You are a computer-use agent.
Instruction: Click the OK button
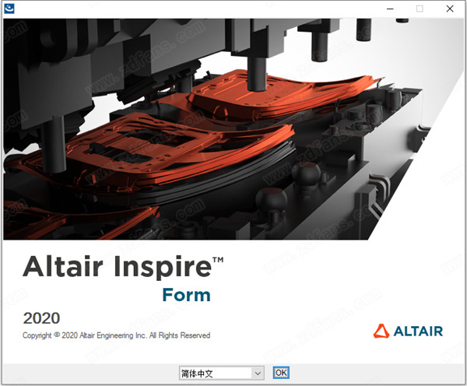coord(281,373)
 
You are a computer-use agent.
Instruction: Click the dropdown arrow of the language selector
coord(258,373)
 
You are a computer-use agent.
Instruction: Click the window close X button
coord(450,9)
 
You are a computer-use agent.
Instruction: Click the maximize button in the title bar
coord(420,9)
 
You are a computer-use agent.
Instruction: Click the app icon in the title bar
coord(9,9)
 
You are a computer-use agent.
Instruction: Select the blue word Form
coord(186,295)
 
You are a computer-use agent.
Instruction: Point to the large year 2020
coord(41,318)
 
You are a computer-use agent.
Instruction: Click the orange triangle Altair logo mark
coord(381,331)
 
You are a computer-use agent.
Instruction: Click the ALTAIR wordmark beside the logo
coord(417,331)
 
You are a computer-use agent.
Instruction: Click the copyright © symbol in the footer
coord(61,335)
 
